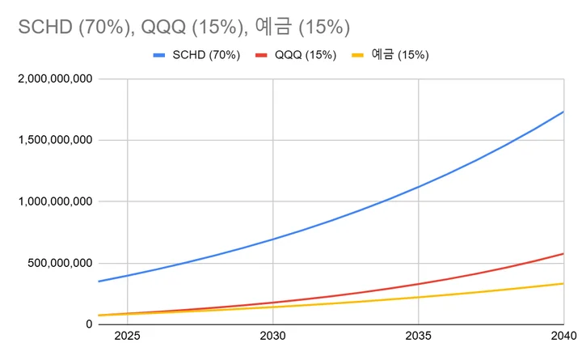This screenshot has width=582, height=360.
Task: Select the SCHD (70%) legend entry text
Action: tap(207, 55)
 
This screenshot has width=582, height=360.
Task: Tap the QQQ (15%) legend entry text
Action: tap(305, 55)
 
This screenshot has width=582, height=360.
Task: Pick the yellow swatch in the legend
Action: tap(358, 55)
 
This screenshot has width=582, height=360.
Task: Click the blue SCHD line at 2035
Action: tap(419, 187)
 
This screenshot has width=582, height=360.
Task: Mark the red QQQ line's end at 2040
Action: tap(563, 254)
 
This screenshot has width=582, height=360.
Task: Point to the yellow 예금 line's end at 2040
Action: tap(563, 283)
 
